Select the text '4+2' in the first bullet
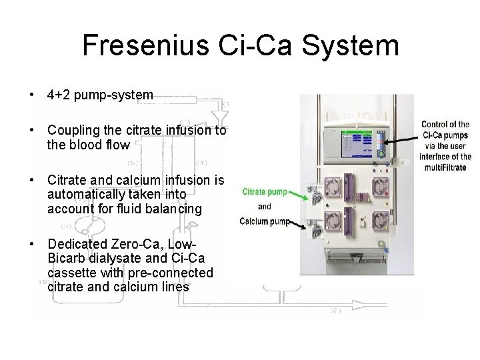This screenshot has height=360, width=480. [x=57, y=95]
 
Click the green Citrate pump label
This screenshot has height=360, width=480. [x=265, y=192]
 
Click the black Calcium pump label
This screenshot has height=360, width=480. [x=265, y=221]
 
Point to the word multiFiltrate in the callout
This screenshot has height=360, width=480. [x=447, y=167]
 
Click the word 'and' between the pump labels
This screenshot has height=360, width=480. [x=265, y=207]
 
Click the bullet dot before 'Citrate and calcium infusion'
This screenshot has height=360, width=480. [x=33, y=180]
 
